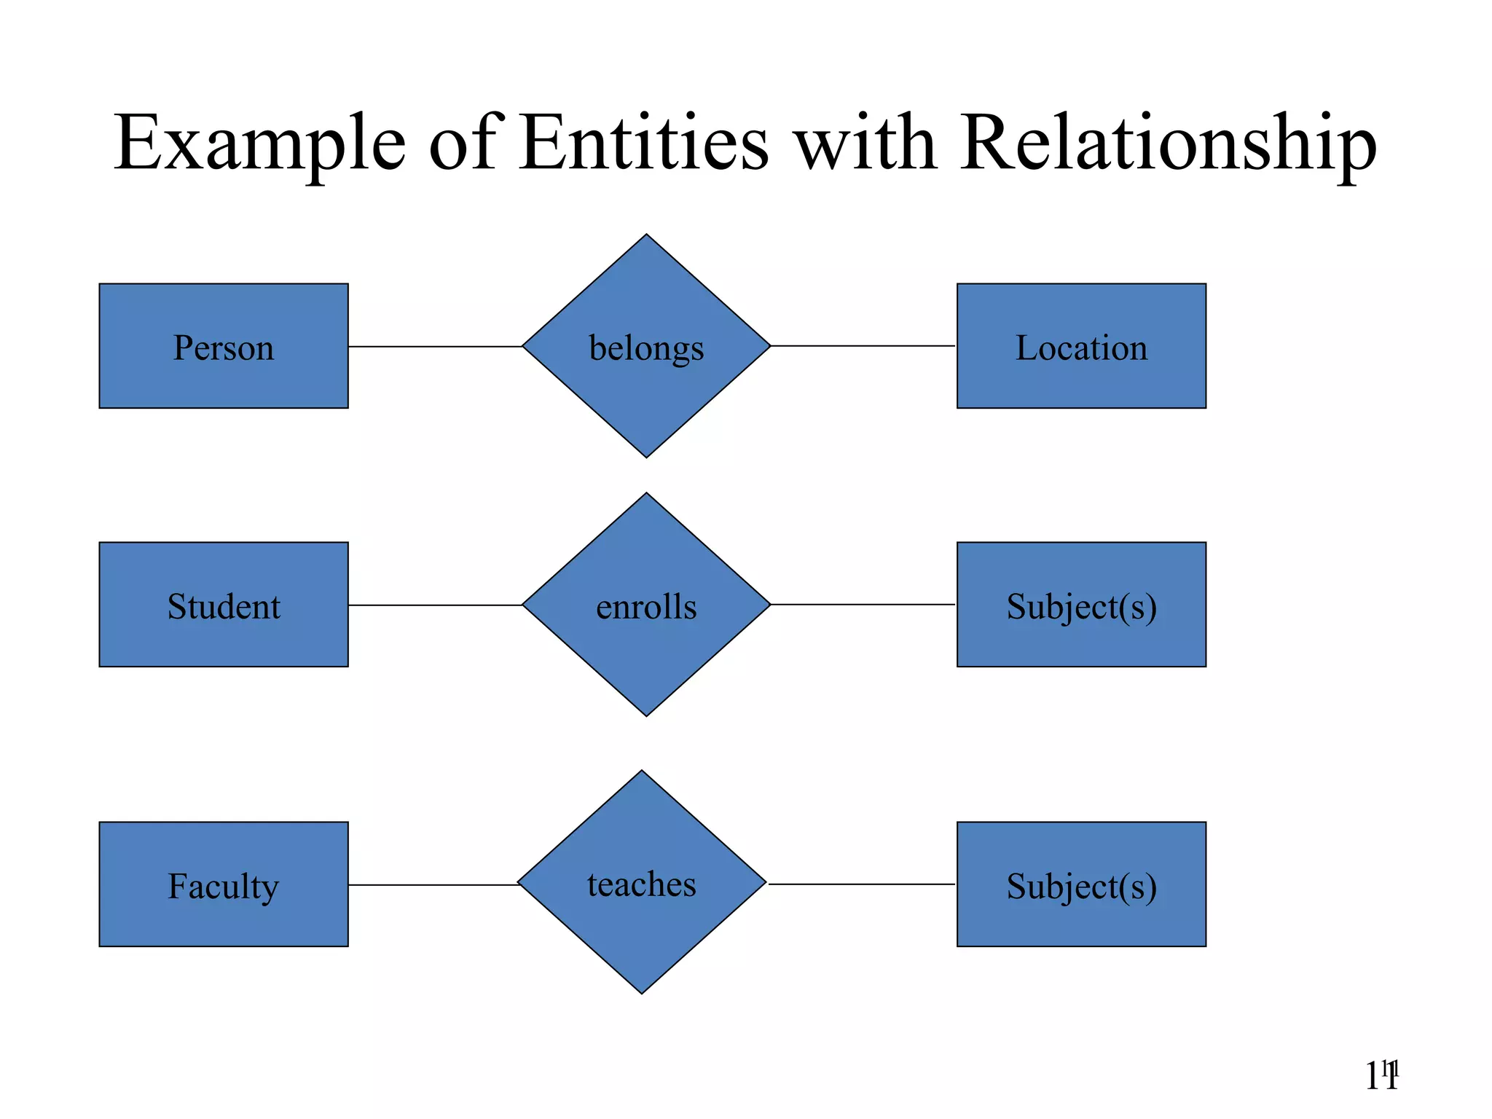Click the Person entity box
tap(224, 346)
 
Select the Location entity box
tap(1081, 346)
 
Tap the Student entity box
tap(224, 605)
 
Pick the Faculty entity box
tap(224, 884)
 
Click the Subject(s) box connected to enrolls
tap(1081, 605)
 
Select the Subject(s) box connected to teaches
tap(1081, 884)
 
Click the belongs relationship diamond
tap(646, 346)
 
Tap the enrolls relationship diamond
tap(646, 605)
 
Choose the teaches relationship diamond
tap(642, 882)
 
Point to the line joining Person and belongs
tap(435, 347)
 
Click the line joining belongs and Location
tap(863, 346)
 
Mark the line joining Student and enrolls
tap(435, 605)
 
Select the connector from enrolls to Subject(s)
tap(863, 605)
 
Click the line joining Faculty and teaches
tap(433, 885)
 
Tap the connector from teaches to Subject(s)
tap(861, 884)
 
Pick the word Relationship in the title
tap(1168, 144)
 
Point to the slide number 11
tap(1381, 1077)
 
